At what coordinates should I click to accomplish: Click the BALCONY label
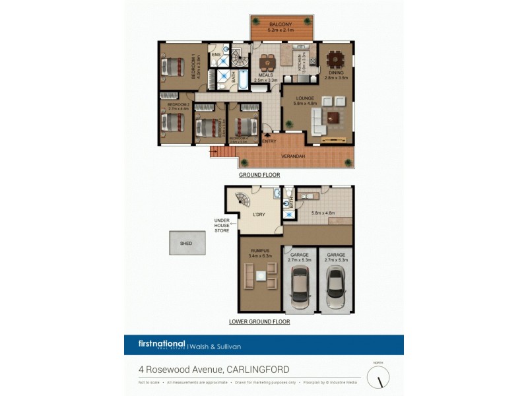(x=280, y=24)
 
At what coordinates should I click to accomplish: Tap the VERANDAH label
(x=292, y=156)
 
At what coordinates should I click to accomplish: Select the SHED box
(x=186, y=244)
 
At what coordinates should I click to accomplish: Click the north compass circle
(x=378, y=378)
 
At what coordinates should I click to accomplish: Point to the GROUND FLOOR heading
(x=259, y=176)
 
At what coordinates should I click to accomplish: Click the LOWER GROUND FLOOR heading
(x=259, y=322)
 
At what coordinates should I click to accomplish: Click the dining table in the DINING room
(x=335, y=61)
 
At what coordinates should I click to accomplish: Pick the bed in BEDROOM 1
(x=174, y=67)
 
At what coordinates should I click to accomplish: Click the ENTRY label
(x=269, y=141)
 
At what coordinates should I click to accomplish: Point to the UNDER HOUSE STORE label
(x=222, y=225)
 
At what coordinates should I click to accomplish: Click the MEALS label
(x=265, y=75)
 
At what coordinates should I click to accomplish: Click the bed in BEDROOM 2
(x=174, y=122)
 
